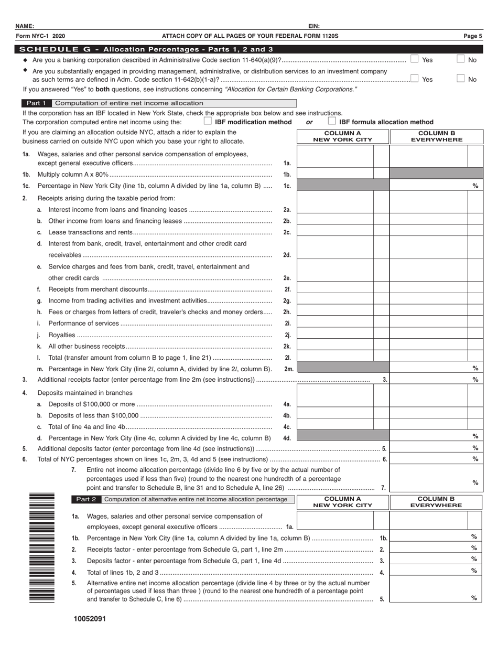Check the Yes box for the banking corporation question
(x=414, y=59)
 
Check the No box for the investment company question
(x=460, y=79)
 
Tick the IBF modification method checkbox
(x=208, y=121)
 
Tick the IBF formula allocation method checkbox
(x=332, y=121)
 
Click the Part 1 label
(x=36, y=103)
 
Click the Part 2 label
(x=86, y=499)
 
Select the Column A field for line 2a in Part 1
(x=335, y=209)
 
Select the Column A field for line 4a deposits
(x=335, y=403)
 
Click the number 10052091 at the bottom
(x=90, y=619)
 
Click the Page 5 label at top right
(x=472, y=36)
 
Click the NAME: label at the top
(x=25, y=26)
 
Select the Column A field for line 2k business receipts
(x=335, y=346)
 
